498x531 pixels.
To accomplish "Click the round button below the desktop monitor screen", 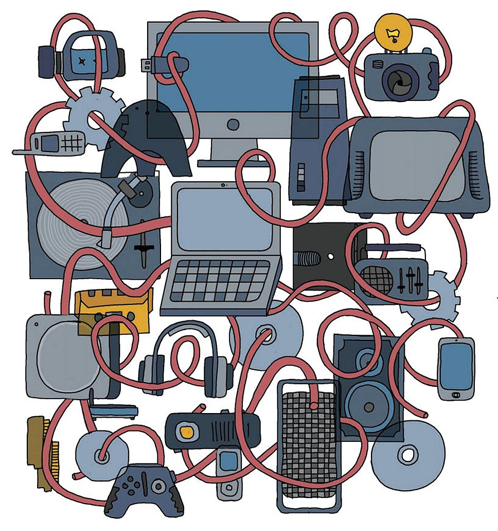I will (x=233, y=124).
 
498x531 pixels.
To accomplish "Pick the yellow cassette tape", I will (x=114, y=309).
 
